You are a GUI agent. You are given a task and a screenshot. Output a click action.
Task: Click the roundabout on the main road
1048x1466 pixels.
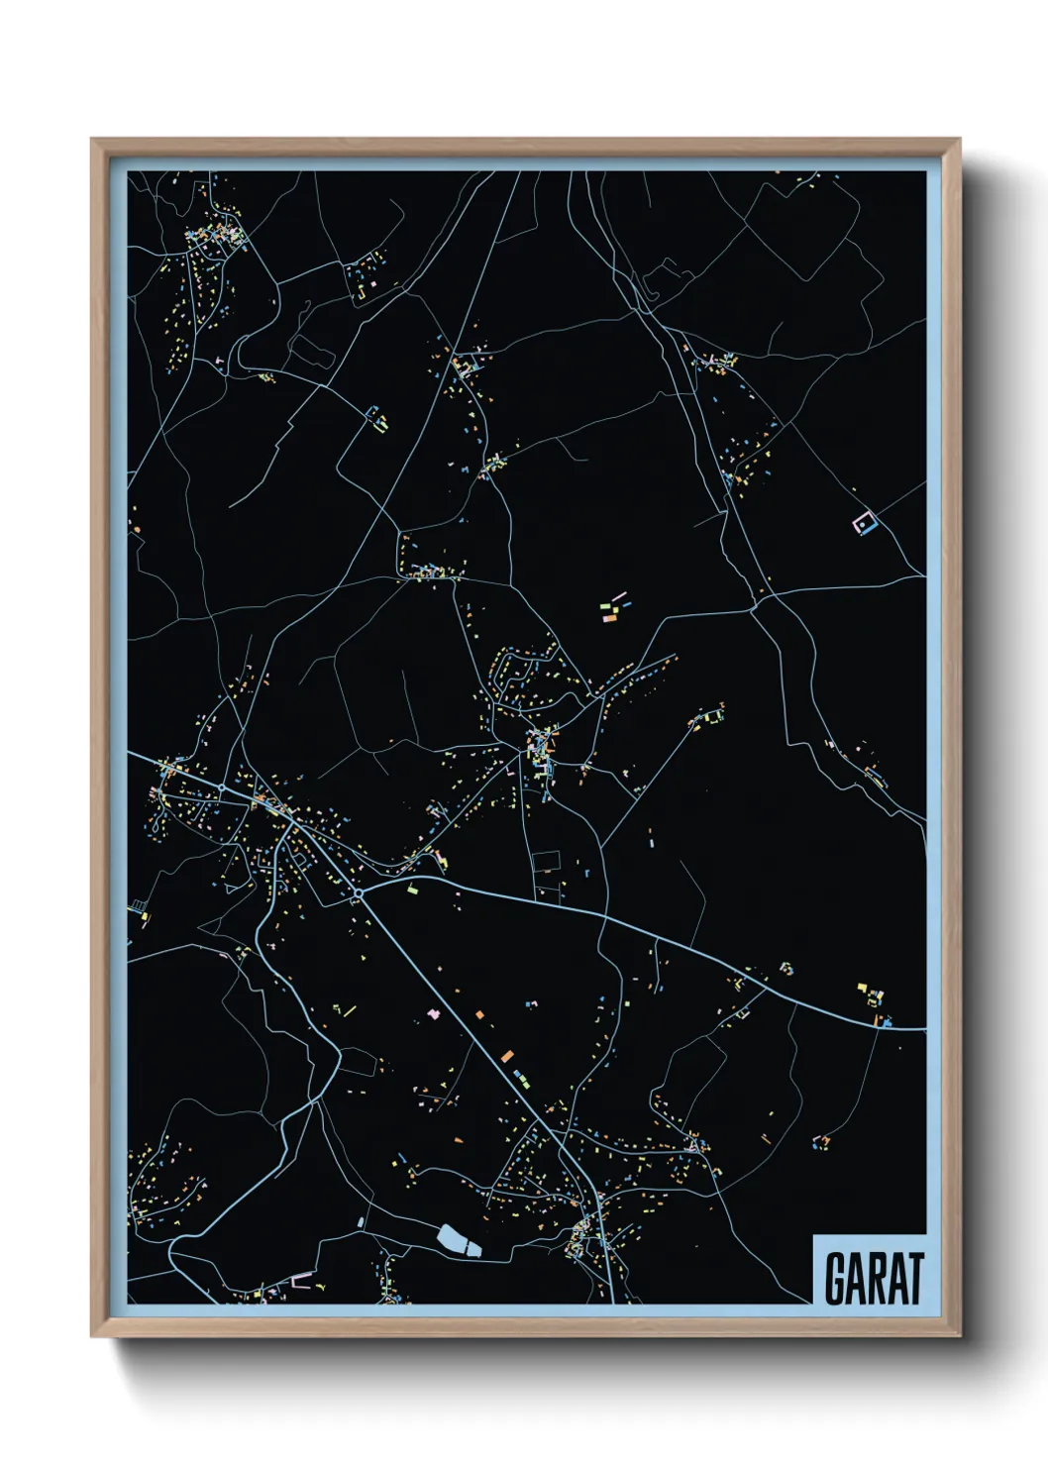357,893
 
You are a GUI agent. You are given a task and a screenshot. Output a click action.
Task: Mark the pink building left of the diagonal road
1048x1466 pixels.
432,1014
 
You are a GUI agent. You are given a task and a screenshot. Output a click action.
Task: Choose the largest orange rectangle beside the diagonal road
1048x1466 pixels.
507,1056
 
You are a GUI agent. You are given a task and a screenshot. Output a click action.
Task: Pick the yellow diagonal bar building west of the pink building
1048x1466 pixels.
349,1010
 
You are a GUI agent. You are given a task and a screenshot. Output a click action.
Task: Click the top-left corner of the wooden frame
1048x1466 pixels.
92,139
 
